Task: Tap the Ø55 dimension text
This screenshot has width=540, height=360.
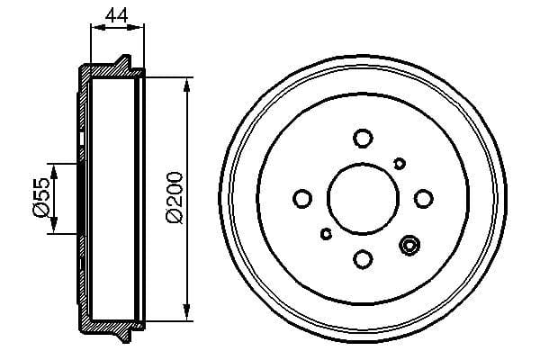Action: point(40,197)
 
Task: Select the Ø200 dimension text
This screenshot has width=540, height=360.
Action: point(176,197)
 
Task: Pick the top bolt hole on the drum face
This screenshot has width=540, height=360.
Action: point(363,138)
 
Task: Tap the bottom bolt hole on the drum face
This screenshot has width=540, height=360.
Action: point(363,259)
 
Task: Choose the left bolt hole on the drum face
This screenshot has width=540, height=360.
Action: point(301,198)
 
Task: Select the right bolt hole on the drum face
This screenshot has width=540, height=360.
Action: point(423,198)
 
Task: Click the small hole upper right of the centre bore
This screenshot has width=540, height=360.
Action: point(400,163)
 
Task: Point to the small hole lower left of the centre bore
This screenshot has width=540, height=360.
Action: point(326,234)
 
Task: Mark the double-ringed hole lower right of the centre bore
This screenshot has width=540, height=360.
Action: point(410,244)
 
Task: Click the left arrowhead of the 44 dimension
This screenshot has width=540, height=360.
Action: point(95,28)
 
